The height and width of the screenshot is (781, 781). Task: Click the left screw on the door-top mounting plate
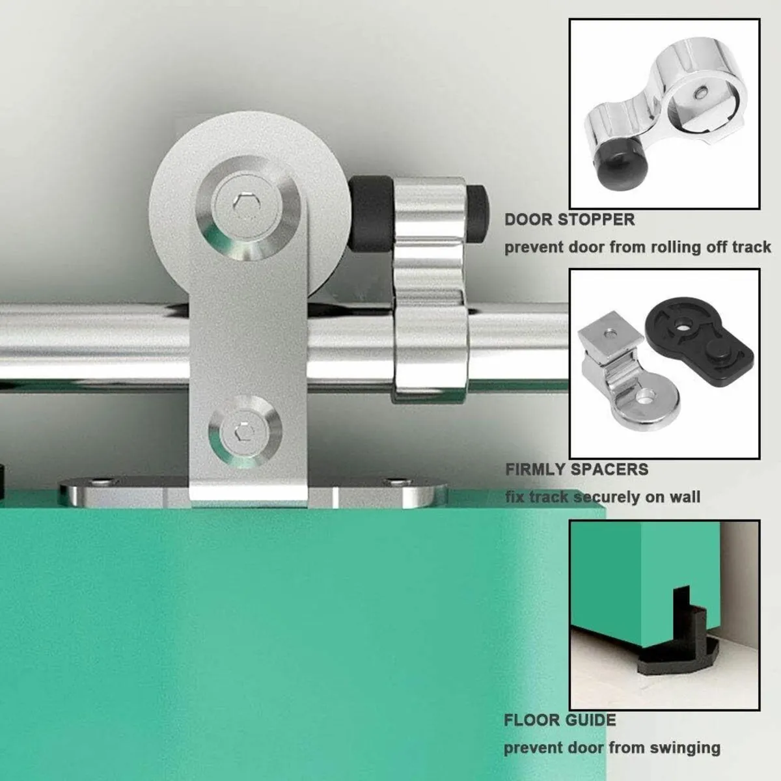[x=99, y=483]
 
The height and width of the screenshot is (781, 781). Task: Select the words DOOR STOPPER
[x=569, y=219]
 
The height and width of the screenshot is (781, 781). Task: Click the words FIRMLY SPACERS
[x=577, y=469]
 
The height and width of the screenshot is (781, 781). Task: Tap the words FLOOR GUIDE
[x=560, y=720]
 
